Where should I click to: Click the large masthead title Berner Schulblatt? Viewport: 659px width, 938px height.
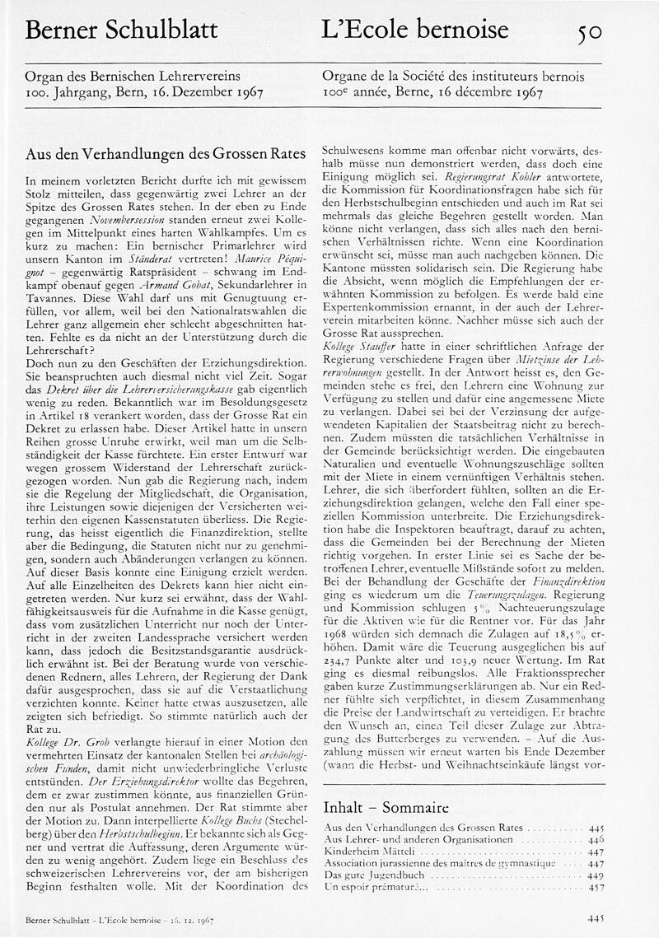tap(122, 31)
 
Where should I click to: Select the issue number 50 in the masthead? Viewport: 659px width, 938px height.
tap(589, 32)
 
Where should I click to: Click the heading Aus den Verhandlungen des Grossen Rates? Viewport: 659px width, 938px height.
tap(166, 154)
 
